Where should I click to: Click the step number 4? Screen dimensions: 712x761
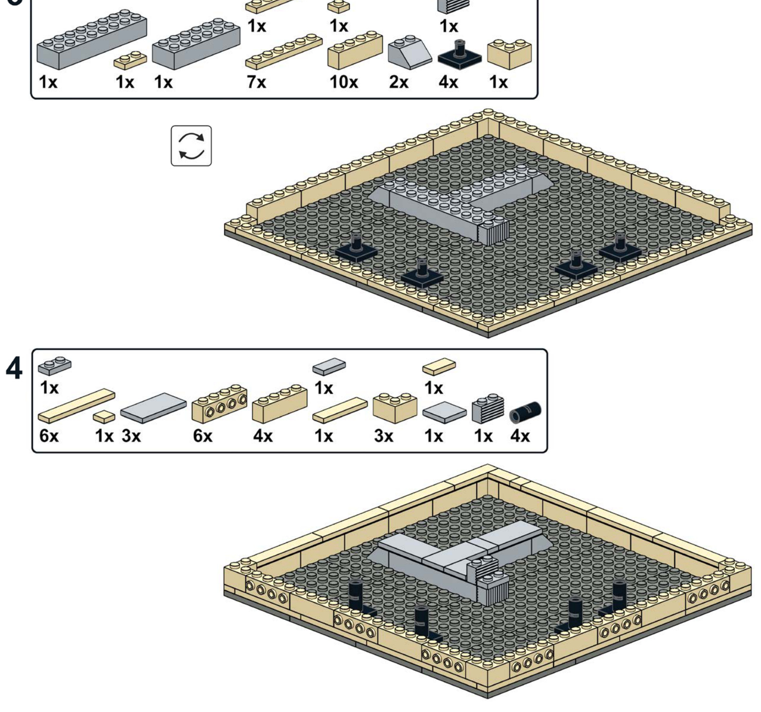[14, 368]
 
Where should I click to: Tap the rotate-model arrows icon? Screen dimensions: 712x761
[191, 146]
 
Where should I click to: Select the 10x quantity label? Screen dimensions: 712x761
[343, 82]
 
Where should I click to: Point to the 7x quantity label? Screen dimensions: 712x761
[256, 82]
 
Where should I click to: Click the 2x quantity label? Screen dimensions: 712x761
[398, 82]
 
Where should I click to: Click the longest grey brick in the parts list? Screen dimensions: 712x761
[92, 39]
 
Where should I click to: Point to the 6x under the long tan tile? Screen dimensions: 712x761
[49, 436]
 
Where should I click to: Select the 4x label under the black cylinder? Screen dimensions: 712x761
[520, 436]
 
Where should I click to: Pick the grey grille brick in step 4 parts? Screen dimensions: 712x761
[488, 408]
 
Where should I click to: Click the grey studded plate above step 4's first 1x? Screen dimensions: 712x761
[54, 365]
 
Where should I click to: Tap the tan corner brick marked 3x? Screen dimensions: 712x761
[395, 407]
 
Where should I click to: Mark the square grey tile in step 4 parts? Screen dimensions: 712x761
[444, 412]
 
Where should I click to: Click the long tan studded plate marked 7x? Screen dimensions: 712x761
[284, 51]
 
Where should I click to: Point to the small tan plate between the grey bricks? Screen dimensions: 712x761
[130, 60]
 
